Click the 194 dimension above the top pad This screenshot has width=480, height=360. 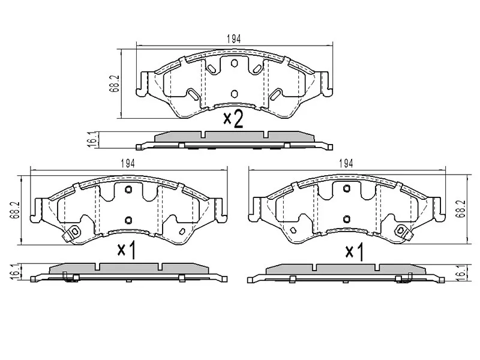point(234,39)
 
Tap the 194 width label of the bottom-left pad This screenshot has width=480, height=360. point(128,164)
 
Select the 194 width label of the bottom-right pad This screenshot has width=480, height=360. point(346,164)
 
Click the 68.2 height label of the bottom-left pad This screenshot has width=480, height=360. point(14,210)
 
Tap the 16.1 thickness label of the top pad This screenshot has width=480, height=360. point(94,140)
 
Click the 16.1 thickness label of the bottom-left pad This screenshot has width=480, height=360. point(14,272)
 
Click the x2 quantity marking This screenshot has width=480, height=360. point(233,119)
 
